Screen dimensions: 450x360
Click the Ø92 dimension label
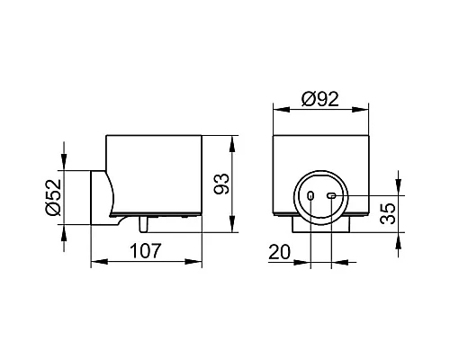[x=320, y=99]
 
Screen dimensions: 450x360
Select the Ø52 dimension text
[x=54, y=197]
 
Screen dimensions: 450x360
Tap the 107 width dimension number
[x=146, y=251]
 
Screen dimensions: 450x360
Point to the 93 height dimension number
[x=221, y=184]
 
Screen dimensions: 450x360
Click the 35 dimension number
[x=388, y=213]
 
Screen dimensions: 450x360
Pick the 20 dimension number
[x=280, y=252]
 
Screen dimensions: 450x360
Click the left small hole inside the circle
[x=310, y=196]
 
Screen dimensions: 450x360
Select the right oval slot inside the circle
[x=331, y=196]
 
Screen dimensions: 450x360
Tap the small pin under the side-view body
[x=143, y=224]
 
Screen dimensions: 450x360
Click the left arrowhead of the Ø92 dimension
[x=282, y=110]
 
